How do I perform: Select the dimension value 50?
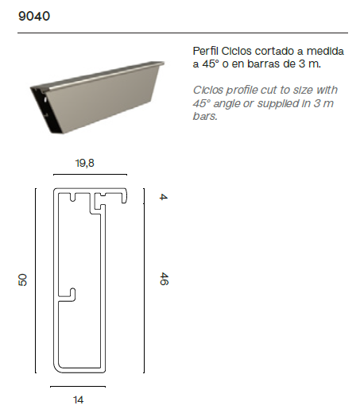point(23,280)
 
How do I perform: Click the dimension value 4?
point(162,196)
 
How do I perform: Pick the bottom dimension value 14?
point(78,399)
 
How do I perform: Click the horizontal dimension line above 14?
point(77,387)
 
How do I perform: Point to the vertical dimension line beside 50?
point(36,280)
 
